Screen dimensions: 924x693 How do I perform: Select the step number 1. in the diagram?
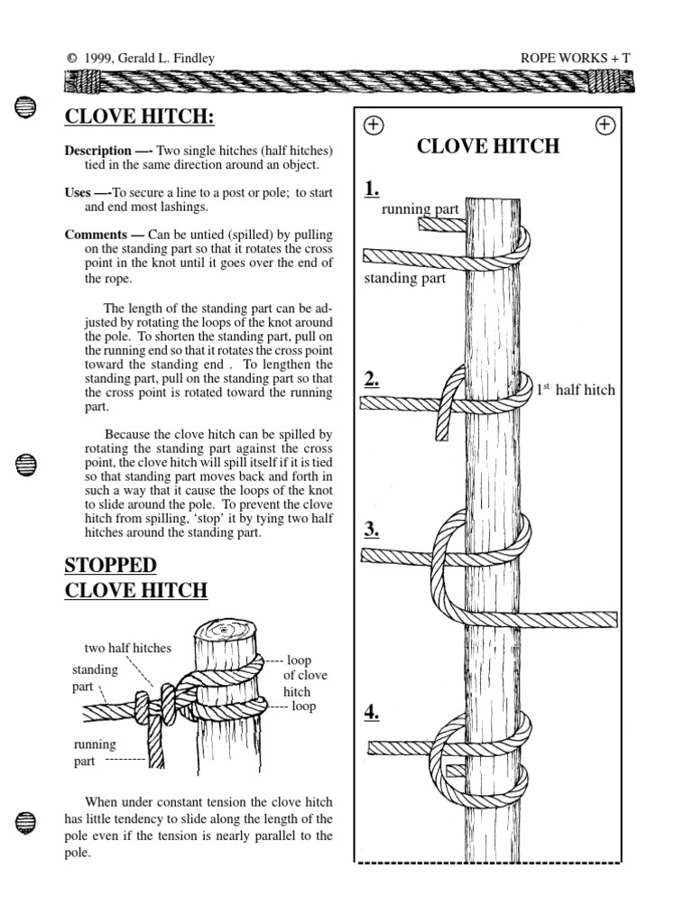click(372, 189)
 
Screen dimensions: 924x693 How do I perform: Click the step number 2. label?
click(372, 379)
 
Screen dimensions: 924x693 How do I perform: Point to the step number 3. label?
click(372, 530)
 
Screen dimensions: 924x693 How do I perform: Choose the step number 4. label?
click(372, 713)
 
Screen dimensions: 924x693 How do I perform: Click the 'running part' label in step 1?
click(420, 209)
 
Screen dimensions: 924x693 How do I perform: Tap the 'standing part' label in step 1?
click(404, 278)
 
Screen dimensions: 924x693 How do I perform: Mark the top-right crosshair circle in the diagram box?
click(605, 125)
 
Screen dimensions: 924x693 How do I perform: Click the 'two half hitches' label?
click(127, 648)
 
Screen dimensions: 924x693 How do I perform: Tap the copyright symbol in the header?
click(71, 59)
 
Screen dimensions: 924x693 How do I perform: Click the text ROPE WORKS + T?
click(575, 59)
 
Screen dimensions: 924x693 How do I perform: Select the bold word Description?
click(97, 150)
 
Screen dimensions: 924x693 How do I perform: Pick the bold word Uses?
click(77, 192)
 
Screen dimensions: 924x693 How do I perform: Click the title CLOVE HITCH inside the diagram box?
click(488, 146)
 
